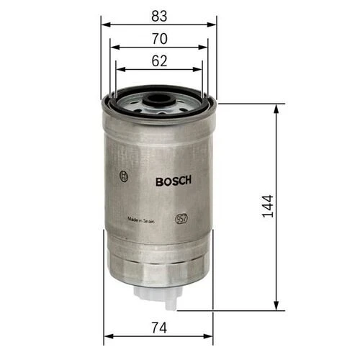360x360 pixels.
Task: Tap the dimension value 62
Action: (159, 60)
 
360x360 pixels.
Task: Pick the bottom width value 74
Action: (159, 328)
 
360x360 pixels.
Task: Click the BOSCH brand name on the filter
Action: (173, 181)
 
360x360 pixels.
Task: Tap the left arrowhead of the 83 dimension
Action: (104, 23)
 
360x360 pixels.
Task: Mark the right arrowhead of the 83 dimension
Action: (214, 23)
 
